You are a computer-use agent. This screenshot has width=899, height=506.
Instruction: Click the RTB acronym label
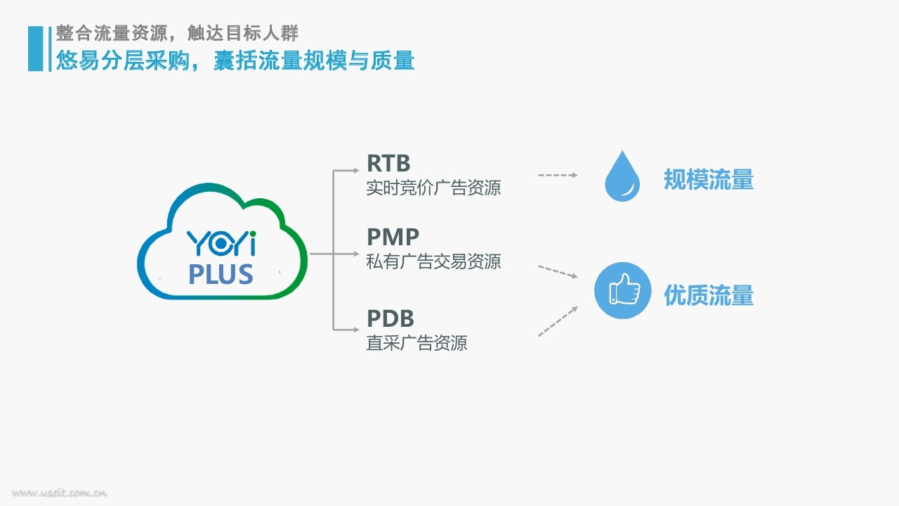[x=388, y=163]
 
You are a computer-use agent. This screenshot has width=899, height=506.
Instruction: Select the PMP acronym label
[x=393, y=237]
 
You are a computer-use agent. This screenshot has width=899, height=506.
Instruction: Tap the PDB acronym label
[x=390, y=318]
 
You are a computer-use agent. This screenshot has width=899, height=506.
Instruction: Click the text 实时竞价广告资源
[x=433, y=188]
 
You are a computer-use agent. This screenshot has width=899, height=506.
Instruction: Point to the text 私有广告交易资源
[x=433, y=262]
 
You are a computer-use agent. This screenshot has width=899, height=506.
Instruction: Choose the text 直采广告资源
[x=416, y=344]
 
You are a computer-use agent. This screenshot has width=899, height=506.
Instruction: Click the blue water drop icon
[x=622, y=176]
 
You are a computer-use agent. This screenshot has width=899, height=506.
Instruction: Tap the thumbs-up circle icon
[x=622, y=290]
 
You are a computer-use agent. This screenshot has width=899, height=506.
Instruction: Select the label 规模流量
[x=709, y=179]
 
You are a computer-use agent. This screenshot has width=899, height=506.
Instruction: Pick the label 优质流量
[x=709, y=295]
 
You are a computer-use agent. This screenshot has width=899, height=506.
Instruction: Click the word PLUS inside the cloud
[x=221, y=274]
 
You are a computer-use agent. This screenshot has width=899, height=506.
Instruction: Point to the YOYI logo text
[x=221, y=243]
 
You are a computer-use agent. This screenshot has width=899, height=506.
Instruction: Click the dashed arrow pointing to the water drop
[x=558, y=175]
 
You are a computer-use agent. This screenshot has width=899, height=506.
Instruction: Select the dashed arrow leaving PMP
[x=558, y=271]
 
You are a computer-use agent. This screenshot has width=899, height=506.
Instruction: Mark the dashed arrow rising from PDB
[x=558, y=321]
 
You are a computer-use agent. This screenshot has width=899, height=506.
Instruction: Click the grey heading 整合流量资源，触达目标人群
[x=177, y=33]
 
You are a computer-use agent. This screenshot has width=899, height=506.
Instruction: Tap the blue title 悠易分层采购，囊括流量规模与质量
[x=235, y=60]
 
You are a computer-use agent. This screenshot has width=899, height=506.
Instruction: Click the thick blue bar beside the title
[x=35, y=48]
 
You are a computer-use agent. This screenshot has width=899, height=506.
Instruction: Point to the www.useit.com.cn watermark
[x=60, y=493]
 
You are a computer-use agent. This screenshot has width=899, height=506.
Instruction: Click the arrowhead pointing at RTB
[x=356, y=170]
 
